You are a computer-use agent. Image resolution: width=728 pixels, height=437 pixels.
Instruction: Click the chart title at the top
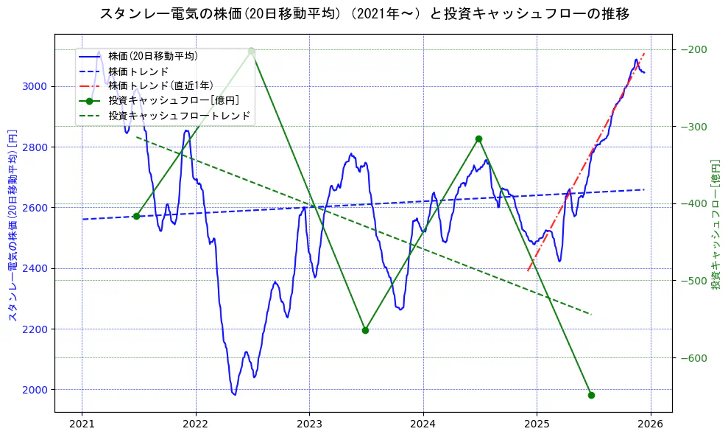(x=364, y=14)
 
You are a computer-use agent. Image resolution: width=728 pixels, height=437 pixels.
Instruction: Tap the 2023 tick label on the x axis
(x=309, y=425)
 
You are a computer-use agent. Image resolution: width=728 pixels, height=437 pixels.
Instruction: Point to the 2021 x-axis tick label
(x=82, y=425)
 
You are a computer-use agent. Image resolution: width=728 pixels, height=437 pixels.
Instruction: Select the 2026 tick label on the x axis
(x=650, y=425)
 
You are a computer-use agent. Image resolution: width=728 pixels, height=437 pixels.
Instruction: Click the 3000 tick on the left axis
(x=36, y=86)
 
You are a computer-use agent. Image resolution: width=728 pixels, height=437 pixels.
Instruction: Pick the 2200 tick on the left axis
(x=36, y=329)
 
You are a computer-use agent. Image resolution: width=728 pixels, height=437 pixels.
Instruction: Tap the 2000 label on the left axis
(x=36, y=389)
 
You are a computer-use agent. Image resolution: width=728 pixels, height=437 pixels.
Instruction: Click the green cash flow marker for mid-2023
(x=365, y=330)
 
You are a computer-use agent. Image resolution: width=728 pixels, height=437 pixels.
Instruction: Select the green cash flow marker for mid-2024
(x=478, y=139)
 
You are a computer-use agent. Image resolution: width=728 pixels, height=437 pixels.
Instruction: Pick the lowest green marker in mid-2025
(x=591, y=395)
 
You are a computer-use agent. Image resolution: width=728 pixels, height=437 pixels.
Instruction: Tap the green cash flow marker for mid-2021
(x=136, y=216)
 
